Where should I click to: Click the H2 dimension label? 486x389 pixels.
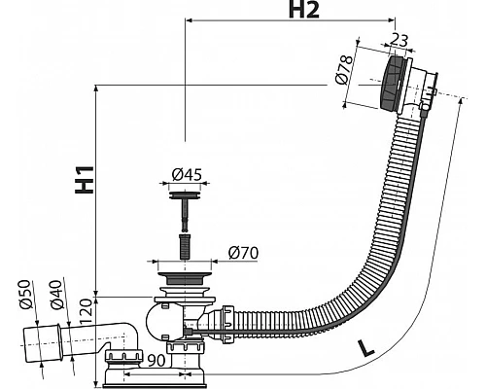[x=303, y=10]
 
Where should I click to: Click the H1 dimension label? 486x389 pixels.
[x=85, y=180]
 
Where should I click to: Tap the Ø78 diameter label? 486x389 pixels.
[x=344, y=69]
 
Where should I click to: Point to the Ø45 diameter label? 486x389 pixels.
[x=187, y=174]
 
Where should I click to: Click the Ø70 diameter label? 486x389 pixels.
[x=243, y=253]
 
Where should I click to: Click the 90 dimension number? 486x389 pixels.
[x=156, y=361]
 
